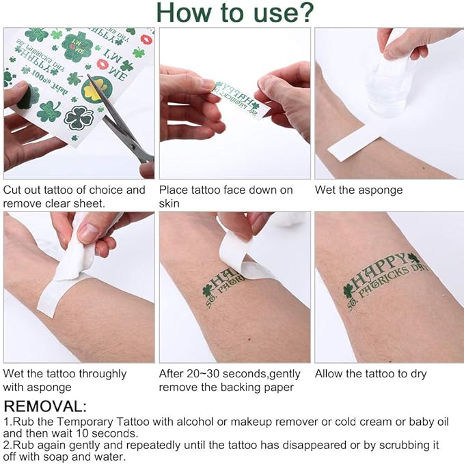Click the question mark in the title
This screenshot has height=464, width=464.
coord(304,12)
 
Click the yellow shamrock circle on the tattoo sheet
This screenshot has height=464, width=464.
coord(95,90)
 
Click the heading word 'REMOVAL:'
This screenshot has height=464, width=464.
coord(45,406)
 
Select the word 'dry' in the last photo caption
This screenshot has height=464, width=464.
coord(418,375)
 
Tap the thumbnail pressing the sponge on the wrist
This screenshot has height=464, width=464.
coord(87,232)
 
